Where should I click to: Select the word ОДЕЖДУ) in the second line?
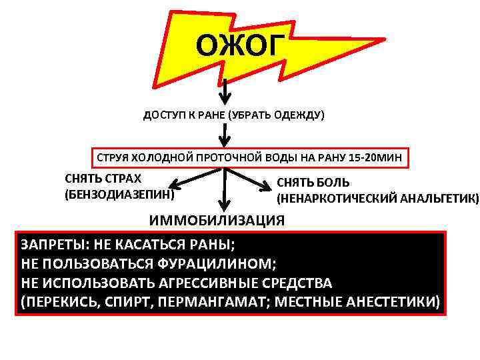click(301, 115)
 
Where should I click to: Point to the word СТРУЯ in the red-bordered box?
click(114, 159)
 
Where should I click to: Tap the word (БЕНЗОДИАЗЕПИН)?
click(119, 195)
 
